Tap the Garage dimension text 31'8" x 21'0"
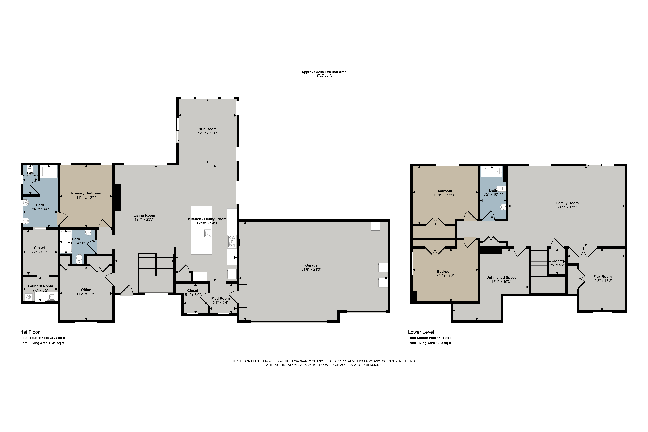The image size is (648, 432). point(311,269)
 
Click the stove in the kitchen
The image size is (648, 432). point(232,241)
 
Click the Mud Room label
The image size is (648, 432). point(220,298)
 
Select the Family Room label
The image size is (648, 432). point(567,203)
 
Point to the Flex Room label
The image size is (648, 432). point(603,277)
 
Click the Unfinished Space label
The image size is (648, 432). point(501,277)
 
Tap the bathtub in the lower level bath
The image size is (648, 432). point(492,171)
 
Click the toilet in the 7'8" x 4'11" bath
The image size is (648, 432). point(79,259)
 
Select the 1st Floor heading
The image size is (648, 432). point(30,332)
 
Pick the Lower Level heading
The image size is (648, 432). point(421,332)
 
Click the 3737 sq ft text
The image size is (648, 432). point(324,76)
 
